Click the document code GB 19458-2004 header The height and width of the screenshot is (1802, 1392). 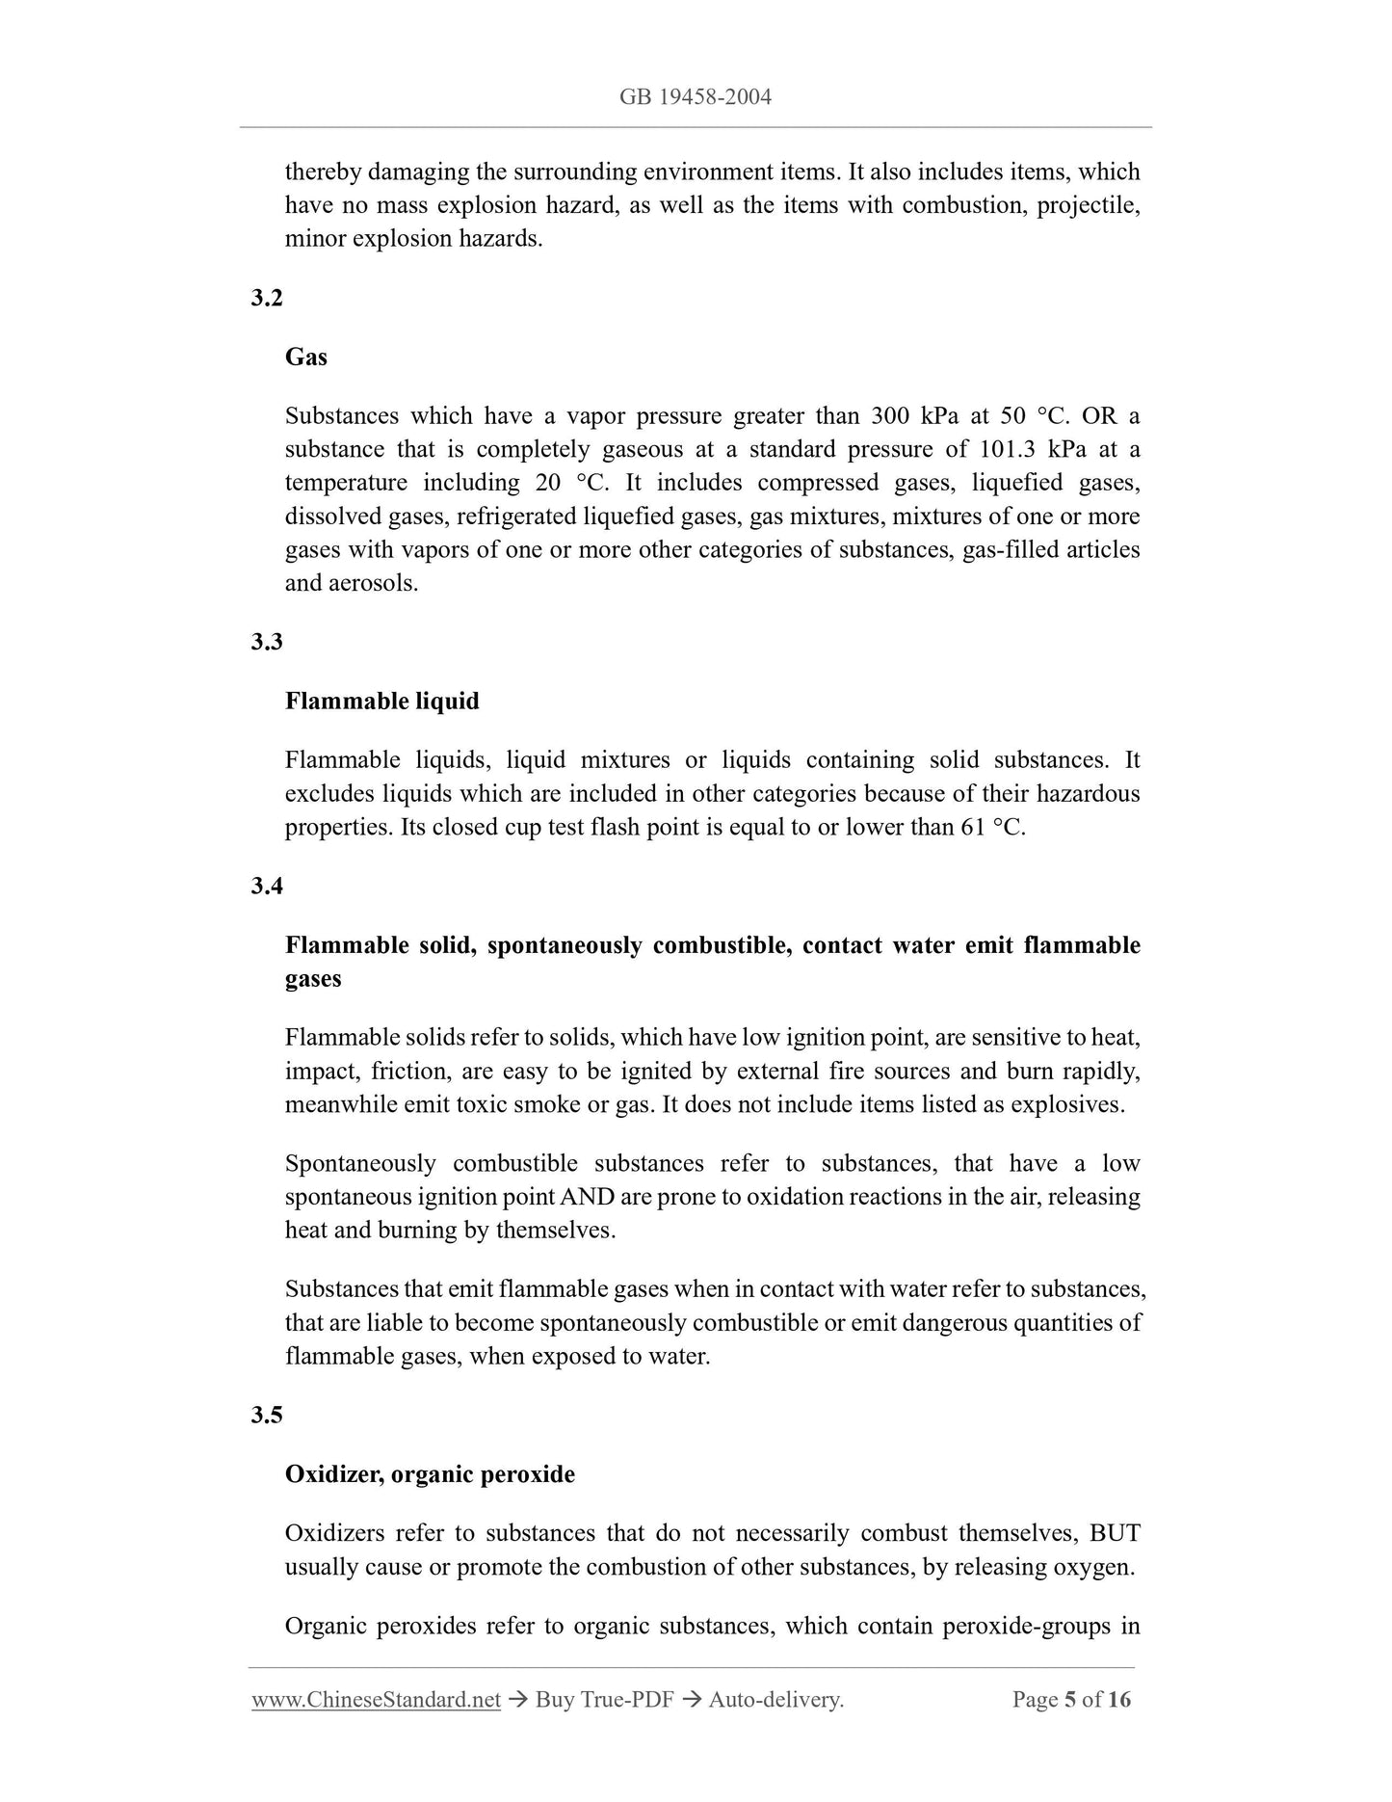pyautogui.click(x=696, y=97)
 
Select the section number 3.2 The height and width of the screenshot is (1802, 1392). pyautogui.click(x=267, y=298)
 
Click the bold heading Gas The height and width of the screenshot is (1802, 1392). pyautogui.click(x=306, y=358)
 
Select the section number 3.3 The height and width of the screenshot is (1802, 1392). pyautogui.click(x=267, y=642)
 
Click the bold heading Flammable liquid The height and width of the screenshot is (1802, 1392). pyautogui.click(x=381, y=702)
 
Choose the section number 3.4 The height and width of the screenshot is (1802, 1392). pyautogui.click(x=267, y=886)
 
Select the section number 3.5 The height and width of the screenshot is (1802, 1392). pyautogui.click(x=267, y=1415)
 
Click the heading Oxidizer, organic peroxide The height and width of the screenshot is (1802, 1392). pyautogui.click(x=430, y=1474)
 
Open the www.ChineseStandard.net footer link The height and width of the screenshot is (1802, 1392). pyautogui.click(x=376, y=1700)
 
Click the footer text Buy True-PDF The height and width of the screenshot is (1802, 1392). pyautogui.click(x=604, y=1700)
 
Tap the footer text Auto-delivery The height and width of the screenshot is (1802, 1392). pyautogui.click(x=775, y=1700)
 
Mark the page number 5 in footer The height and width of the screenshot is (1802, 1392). pyautogui.click(x=1069, y=1700)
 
